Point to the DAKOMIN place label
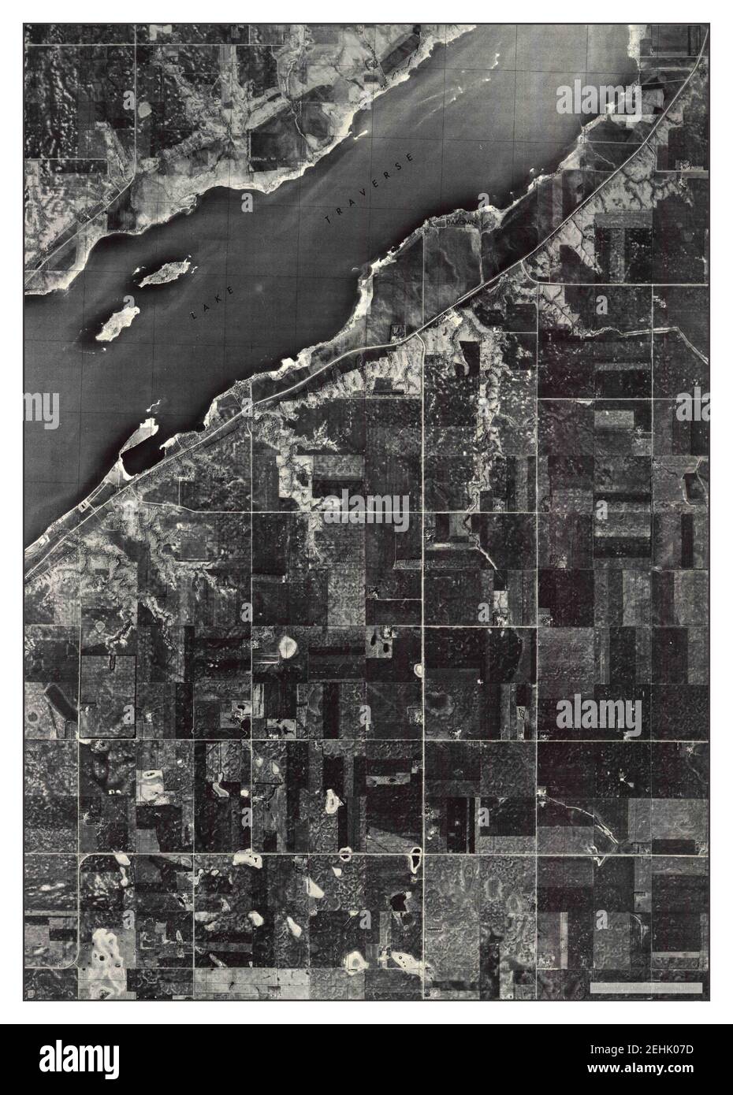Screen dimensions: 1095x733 tap(457, 224)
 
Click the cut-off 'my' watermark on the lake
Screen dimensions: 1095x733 tap(41, 410)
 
